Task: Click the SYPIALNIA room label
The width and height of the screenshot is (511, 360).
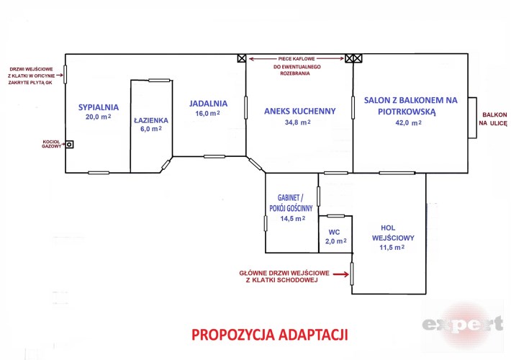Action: click(99, 107)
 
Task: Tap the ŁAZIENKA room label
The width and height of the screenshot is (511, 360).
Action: click(151, 120)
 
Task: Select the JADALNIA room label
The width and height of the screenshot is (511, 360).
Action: click(208, 104)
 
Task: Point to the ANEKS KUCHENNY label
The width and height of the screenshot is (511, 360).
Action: click(300, 111)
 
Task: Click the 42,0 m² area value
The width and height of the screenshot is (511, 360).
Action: click(409, 123)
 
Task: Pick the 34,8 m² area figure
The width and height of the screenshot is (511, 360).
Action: click(297, 122)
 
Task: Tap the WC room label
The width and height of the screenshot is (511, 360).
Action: click(334, 232)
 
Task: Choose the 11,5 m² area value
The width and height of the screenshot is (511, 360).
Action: click(392, 248)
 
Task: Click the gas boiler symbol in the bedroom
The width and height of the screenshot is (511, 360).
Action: click(69, 144)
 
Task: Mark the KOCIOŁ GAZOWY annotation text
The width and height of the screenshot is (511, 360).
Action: click(52, 144)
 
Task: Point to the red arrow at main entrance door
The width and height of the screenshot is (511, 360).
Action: click(341, 274)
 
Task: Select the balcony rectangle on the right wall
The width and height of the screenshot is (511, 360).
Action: click(473, 117)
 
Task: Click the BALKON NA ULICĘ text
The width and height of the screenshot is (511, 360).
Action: click(493, 119)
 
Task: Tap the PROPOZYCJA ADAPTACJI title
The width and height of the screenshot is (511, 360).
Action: click(270, 335)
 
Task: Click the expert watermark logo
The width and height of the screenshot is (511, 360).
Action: click(463, 324)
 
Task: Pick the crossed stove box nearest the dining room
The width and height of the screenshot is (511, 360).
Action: click(242, 58)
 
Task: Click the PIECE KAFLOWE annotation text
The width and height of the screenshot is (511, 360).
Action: click(297, 59)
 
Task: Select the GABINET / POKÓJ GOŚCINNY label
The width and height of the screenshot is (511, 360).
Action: click(291, 203)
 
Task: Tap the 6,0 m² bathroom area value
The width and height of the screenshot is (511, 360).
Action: click(151, 129)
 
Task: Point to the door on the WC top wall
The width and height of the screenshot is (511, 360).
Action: click(335, 216)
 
